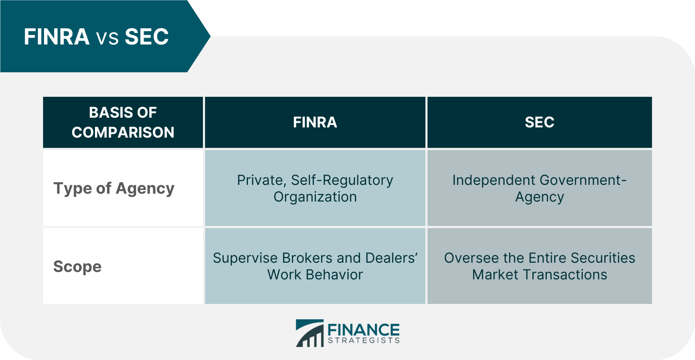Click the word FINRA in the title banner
[57, 37]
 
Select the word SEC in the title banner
[146, 37]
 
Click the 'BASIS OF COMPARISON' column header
[123, 122]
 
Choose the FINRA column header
[315, 122]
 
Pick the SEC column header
[539, 122]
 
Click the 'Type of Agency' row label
[114, 188]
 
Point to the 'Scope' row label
[77, 266]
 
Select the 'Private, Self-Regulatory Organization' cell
[315, 188]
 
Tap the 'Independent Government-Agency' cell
[539, 188]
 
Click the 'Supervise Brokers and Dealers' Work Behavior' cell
[315, 266]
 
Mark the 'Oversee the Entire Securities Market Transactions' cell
[539, 266]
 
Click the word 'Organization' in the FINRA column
[315, 197]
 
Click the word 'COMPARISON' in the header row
[123, 132]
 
